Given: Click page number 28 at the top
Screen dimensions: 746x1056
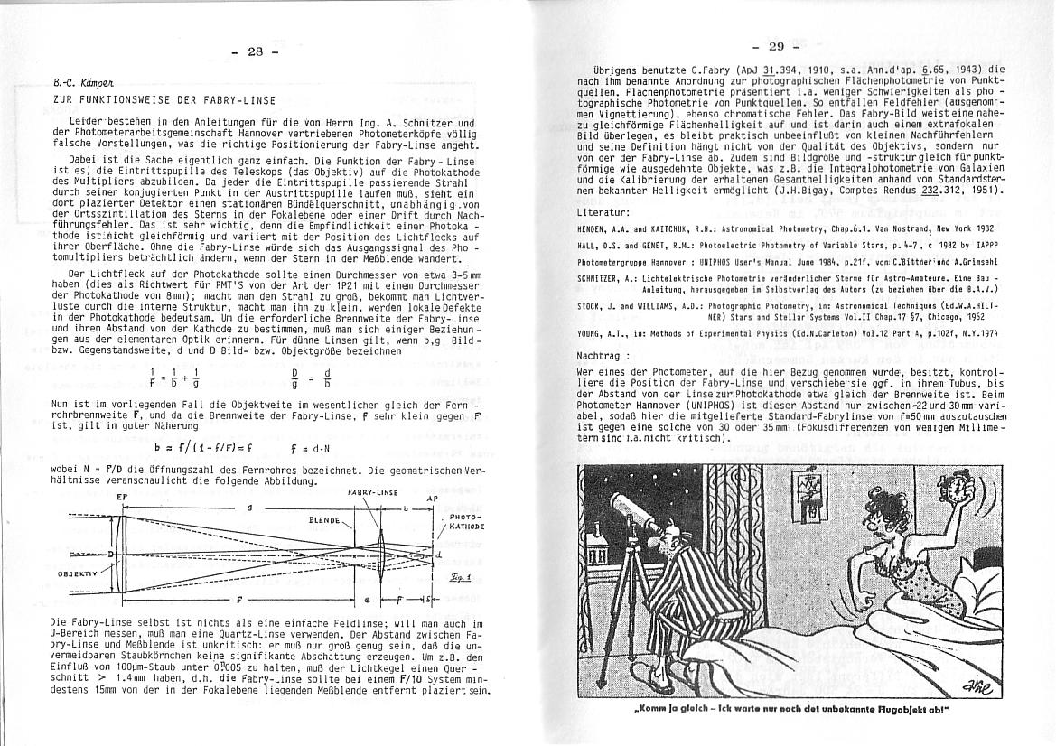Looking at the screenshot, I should pos(254,51).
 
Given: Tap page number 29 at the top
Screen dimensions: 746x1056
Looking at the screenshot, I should pos(776,47).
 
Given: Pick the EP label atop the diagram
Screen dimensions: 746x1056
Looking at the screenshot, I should pos(122,497).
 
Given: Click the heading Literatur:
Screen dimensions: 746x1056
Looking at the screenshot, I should pos(604,211).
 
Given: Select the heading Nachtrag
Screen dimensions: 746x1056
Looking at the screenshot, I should pos(602,355).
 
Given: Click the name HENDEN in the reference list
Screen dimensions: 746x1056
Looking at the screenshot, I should pos(593,228).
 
